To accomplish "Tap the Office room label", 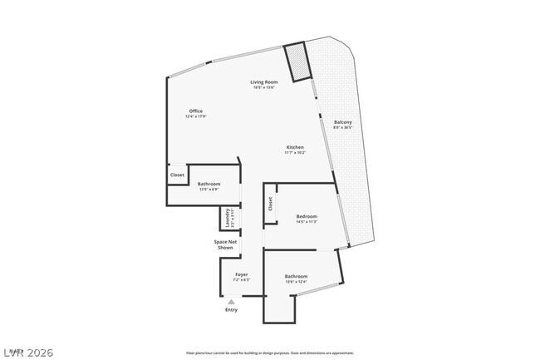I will tap(196, 111).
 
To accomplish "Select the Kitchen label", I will tap(295, 147).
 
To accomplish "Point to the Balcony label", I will tap(342, 122).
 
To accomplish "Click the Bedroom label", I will tap(307, 216).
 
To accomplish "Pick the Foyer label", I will tap(242, 274).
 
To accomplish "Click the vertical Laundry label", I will tap(227, 219).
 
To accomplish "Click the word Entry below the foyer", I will tap(231, 310).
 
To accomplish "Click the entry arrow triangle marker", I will tap(231, 302).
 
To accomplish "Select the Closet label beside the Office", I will tap(177, 175).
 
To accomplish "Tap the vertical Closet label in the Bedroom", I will tap(271, 204).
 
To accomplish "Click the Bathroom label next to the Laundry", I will tap(209, 184).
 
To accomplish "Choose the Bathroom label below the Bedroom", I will tap(296, 276).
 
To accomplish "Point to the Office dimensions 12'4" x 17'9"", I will tap(196, 116).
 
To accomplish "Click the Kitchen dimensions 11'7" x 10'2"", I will tap(295, 153).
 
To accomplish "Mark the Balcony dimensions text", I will tap(342, 128).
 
